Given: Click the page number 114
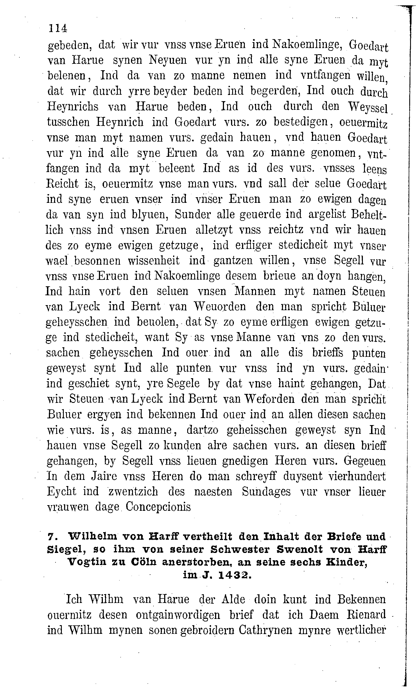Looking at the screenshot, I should pos(58,28).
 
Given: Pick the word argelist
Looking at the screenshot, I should pos(327,214).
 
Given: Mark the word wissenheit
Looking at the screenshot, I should pos(154,261).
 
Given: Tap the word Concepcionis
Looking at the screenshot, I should pos(158,507).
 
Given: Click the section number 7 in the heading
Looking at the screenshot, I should pos(51,537).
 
